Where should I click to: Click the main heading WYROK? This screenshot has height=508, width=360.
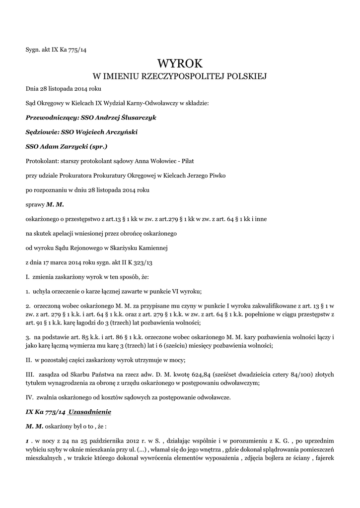pyautogui.click(x=180, y=63)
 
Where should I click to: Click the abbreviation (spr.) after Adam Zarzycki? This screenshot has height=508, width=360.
pyautogui.click(x=96, y=147)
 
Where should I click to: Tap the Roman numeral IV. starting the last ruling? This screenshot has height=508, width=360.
pyautogui.click(x=29, y=397)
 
